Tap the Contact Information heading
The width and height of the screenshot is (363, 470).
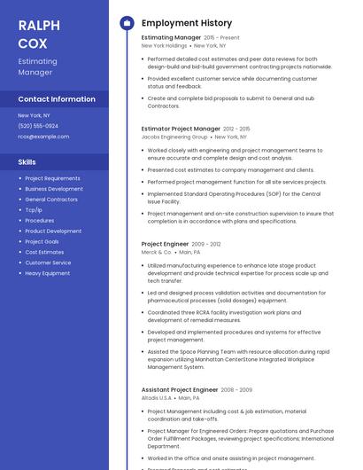click(x=57, y=99)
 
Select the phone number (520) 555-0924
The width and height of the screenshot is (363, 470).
click(x=38, y=126)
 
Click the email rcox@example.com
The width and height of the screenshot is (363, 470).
click(x=43, y=137)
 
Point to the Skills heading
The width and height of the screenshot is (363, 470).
click(x=27, y=162)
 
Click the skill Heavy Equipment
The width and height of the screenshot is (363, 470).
click(x=47, y=273)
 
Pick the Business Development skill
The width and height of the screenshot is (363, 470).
click(x=54, y=189)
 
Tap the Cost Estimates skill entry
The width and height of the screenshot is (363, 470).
click(x=44, y=252)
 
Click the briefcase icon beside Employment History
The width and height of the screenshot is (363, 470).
click(x=127, y=23)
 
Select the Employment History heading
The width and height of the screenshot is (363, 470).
click(x=187, y=23)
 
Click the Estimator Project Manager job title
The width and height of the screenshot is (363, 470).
click(x=181, y=129)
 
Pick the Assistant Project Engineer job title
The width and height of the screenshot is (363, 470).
click(x=180, y=390)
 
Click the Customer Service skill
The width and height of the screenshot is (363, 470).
click(x=48, y=262)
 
